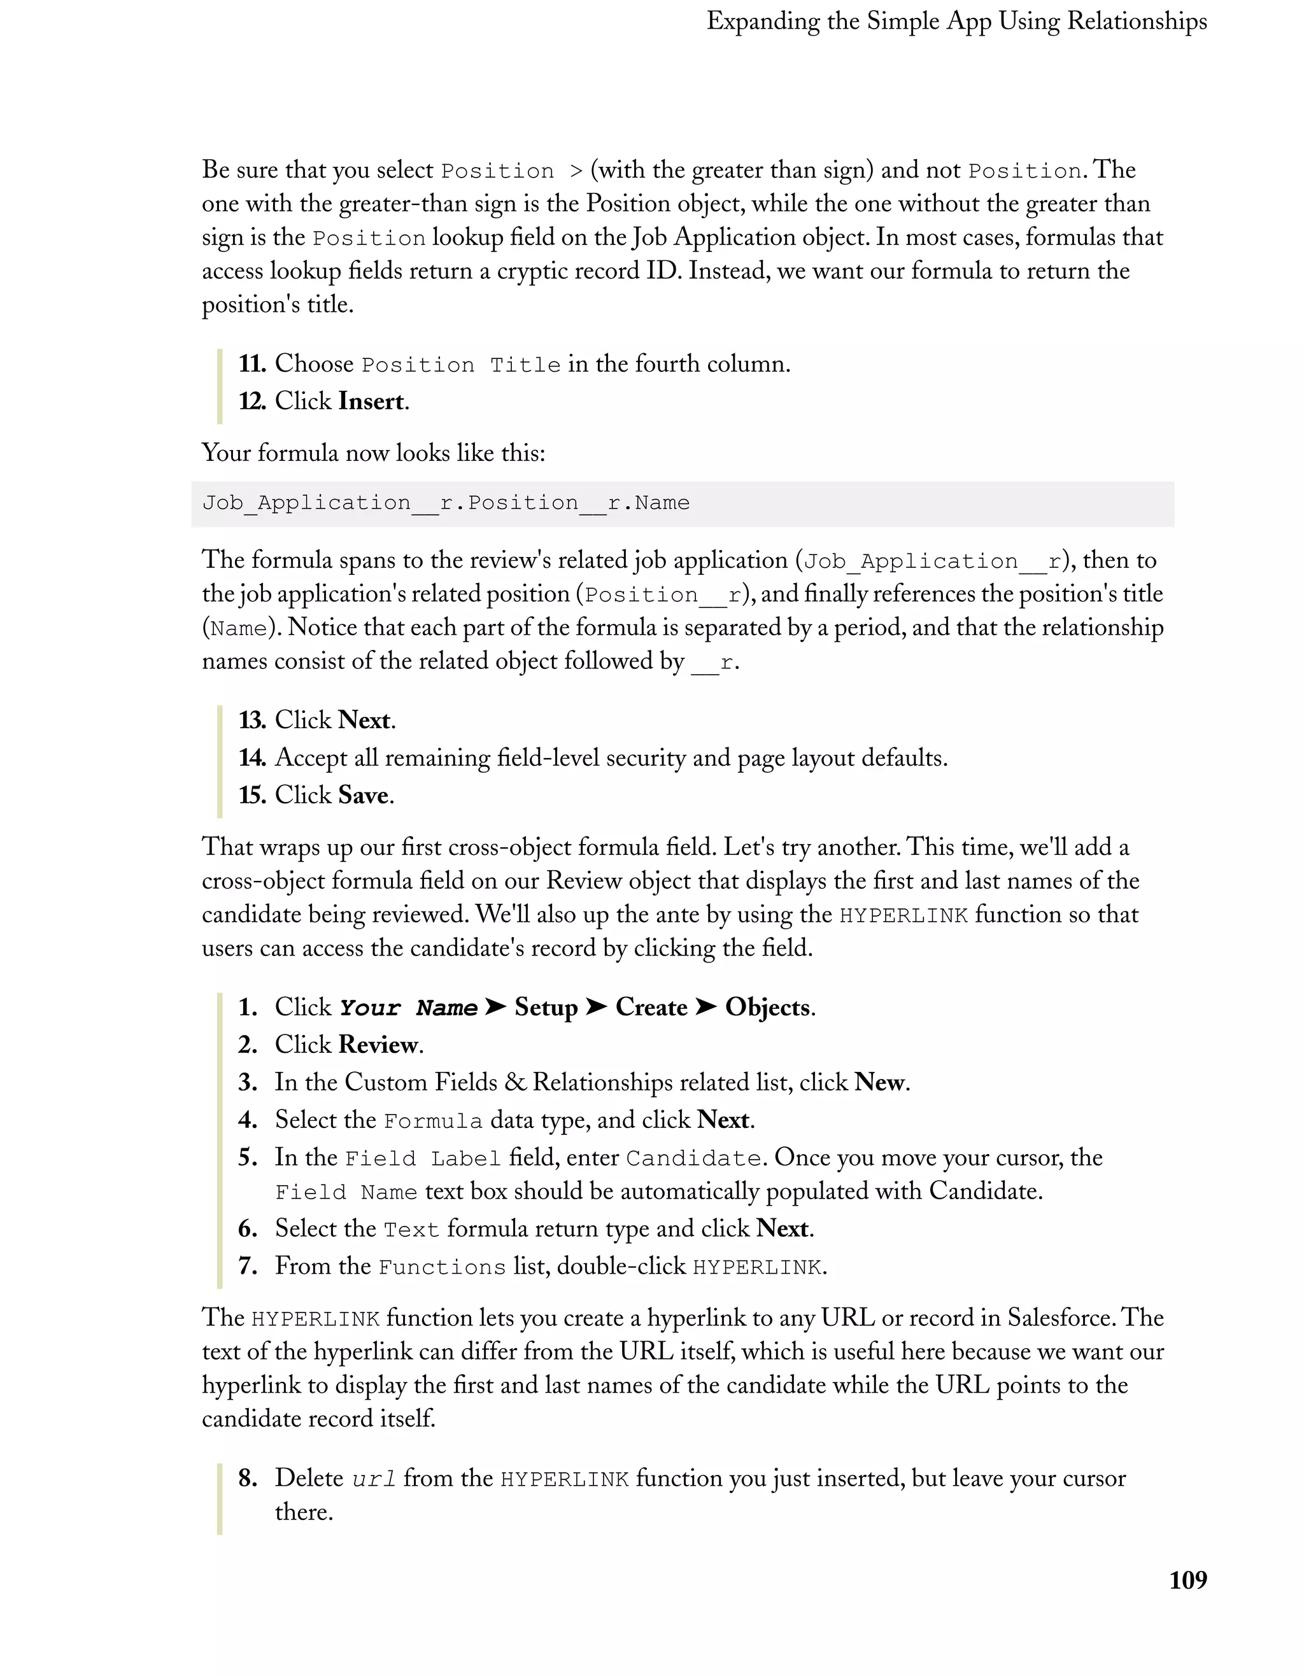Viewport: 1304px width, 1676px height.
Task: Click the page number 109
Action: (1187, 1580)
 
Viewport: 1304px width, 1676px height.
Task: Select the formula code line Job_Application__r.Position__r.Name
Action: (446, 504)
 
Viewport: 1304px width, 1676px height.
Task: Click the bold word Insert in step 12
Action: (371, 402)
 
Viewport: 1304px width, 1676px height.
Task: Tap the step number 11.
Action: (251, 363)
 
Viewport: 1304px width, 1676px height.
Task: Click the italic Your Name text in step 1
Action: (408, 1008)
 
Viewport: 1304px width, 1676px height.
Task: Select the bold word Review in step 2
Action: (378, 1045)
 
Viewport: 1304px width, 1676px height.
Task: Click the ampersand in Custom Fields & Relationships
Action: (516, 1083)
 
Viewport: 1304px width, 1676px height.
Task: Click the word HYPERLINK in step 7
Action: (757, 1267)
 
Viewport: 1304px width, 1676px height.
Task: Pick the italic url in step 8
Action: (374, 1479)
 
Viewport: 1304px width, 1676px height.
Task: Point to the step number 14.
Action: (251, 758)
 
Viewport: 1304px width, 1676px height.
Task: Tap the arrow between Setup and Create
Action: (597, 1008)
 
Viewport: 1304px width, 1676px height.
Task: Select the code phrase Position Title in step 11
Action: (460, 365)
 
